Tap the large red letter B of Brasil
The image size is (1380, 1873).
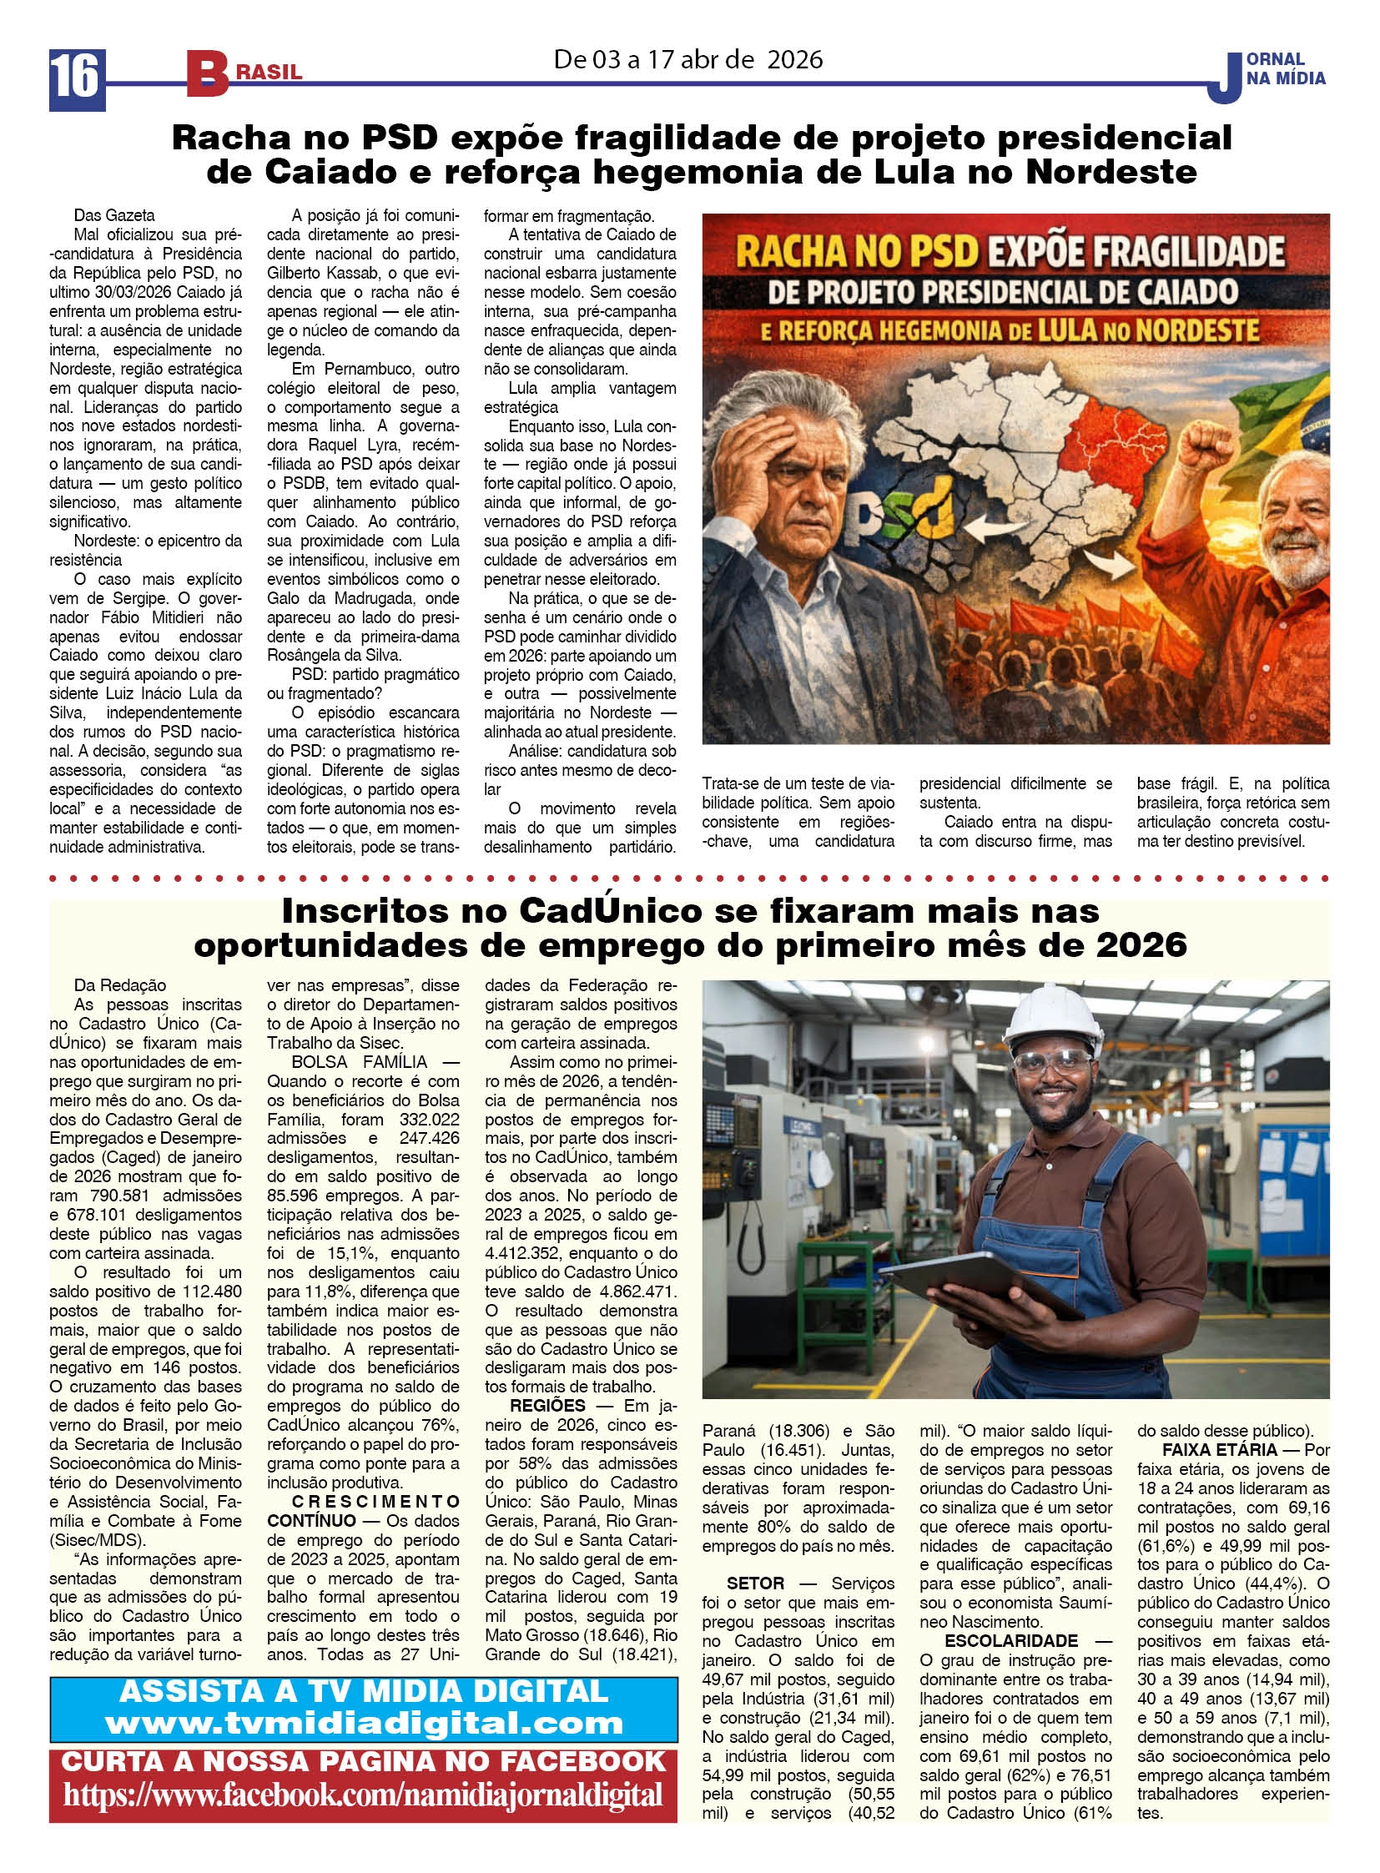[x=206, y=73]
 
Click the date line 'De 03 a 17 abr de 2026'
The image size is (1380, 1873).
[x=687, y=59]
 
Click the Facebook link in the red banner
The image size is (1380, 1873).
[x=364, y=1795]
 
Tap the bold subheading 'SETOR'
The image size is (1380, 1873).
[x=755, y=1584]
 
